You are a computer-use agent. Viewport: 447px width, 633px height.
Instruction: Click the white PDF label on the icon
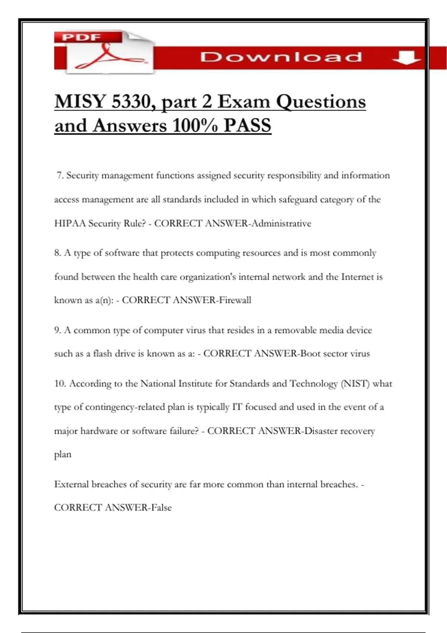(x=82, y=37)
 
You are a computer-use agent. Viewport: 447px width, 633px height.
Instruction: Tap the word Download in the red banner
(x=281, y=57)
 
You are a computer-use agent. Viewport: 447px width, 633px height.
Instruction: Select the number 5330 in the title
(x=133, y=101)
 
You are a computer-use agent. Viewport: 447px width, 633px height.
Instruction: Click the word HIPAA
(x=70, y=223)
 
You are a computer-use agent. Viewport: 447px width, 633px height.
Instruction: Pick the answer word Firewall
(x=235, y=300)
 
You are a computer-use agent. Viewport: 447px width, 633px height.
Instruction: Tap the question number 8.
(x=57, y=253)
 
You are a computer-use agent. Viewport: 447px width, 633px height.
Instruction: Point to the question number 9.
(x=57, y=330)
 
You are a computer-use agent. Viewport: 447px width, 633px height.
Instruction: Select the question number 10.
(x=60, y=384)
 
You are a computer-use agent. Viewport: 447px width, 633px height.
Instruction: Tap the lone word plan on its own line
(x=63, y=455)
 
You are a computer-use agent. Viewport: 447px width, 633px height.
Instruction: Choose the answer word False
(x=161, y=508)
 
